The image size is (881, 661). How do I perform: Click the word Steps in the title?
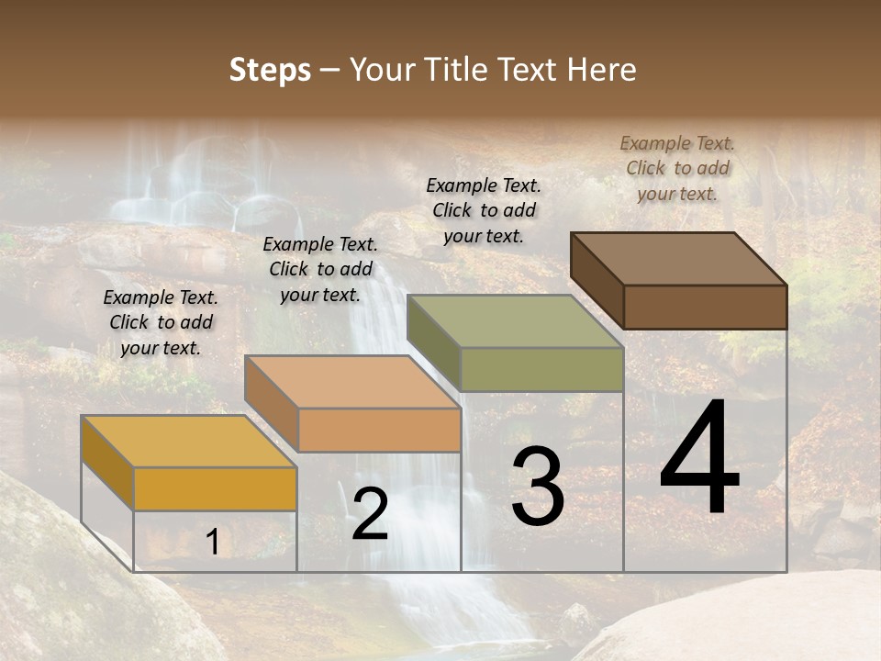pyautogui.click(x=270, y=71)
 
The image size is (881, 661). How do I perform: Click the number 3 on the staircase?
pyautogui.click(x=538, y=487)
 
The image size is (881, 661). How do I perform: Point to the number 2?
pyautogui.click(x=370, y=514)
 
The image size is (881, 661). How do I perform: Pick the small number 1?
pyautogui.click(x=213, y=543)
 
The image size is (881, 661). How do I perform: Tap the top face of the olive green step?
pyautogui.click(x=515, y=320)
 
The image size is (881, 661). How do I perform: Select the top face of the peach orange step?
pyautogui.click(x=352, y=381)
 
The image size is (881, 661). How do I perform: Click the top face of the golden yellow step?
pyautogui.click(x=189, y=441)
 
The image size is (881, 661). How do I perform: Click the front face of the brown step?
pyautogui.click(x=705, y=307)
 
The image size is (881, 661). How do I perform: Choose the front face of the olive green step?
pyautogui.click(x=541, y=369)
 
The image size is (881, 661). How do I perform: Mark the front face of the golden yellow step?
pyautogui.click(x=215, y=488)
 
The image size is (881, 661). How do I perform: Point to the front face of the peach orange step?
pyautogui.click(x=379, y=430)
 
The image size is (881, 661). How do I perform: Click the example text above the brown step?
pyautogui.click(x=677, y=168)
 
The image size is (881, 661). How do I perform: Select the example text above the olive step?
pyautogui.click(x=484, y=210)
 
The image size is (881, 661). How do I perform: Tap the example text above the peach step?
pyautogui.click(x=320, y=269)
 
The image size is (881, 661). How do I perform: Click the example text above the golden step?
pyautogui.click(x=161, y=322)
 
